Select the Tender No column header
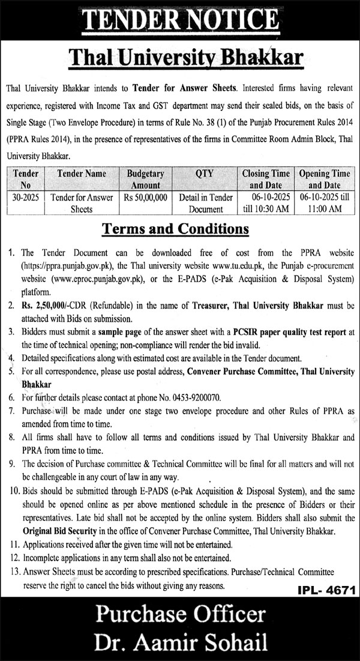pyautogui.click(x=26, y=179)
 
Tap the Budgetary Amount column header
pyautogui.click(x=145, y=179)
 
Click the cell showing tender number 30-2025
pyautogui.click(x=26, y=197)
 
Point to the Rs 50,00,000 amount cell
pyautogui.click(x=145, y=197)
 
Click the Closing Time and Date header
pyautogui.click(x=266, y=179)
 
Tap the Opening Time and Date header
pyautogui.click(x=325, y=179)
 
